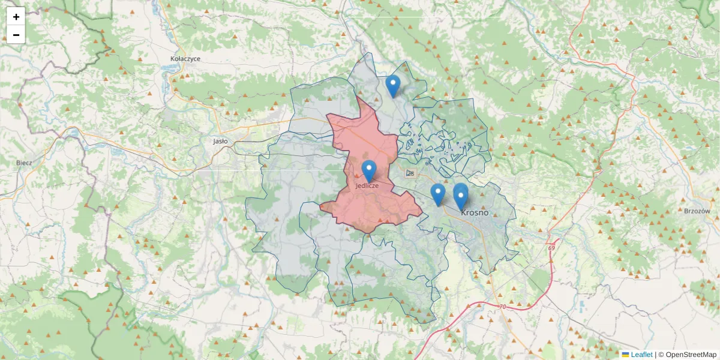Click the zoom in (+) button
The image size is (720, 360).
pos(16,17)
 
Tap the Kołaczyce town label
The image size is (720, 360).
pos(185,59)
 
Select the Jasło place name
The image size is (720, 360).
pos(220,142)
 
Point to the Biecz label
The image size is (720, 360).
pos(24,163)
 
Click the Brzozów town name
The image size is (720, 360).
pos(696,211)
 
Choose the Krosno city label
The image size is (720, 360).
pos(475,212)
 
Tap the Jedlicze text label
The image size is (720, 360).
pos(367,186)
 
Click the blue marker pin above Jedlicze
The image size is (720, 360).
pos(369,170)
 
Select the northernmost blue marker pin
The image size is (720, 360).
pos(393,85)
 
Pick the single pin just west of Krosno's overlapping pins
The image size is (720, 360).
pos(438,193)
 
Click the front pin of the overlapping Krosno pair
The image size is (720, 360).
pos(461,198)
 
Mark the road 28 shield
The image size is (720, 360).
pos(410,173)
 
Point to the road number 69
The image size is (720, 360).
pos(551,247)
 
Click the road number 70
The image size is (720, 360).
pos(502,307)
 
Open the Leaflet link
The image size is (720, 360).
pos(641,355)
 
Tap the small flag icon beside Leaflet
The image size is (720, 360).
pos(625,355)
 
